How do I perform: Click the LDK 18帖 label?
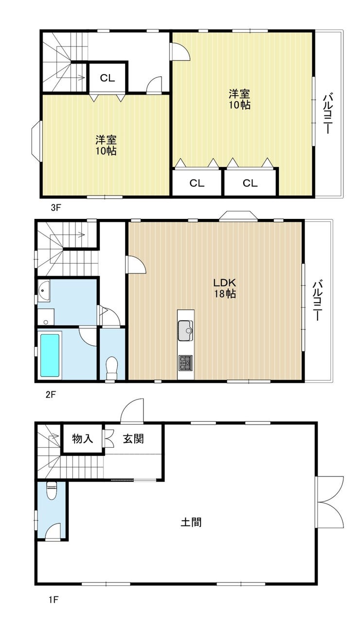click(x=224, y=288)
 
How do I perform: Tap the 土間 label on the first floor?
click(x=191, y=523)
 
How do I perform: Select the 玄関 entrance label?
click(x=133, y=439)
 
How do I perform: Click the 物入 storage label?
click(x=82, y=439)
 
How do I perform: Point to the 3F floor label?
click(x=56, y=208)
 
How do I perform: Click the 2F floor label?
click(x=51, y=394)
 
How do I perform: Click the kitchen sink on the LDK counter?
click(x=186, y=331)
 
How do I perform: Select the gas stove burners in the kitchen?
click(x=185, y=362)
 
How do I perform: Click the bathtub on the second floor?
click(x=50, y=356)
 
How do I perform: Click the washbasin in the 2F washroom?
click(x=43, y=290)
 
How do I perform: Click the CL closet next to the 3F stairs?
click(x=108, y=78)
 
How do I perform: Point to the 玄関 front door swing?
click(x=132, y=410)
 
